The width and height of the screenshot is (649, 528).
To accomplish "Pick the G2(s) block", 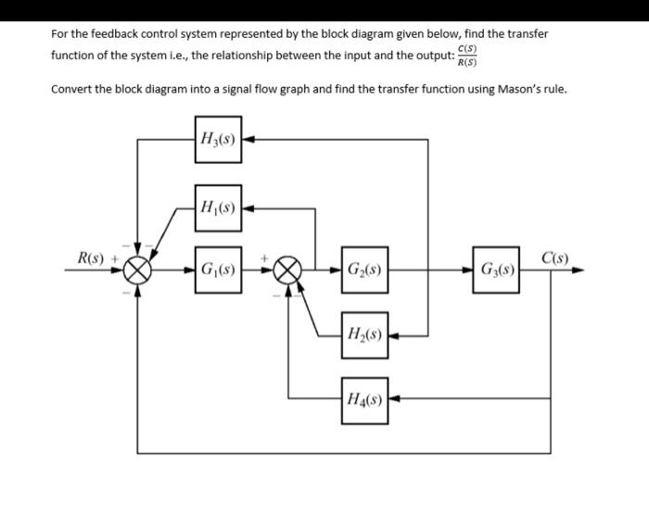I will (364, 272).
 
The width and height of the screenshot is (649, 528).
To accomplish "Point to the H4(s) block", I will (364, 400).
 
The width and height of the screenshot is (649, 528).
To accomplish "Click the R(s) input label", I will (90, 257).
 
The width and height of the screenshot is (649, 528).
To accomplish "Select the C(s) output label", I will (555, 257).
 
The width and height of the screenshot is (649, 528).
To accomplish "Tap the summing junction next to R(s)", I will (139, 272).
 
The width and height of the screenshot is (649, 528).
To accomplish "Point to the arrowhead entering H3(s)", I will (248, 140).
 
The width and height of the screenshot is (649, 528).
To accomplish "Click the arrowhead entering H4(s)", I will (394, 400).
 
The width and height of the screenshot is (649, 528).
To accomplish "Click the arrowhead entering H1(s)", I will (248, 207).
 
